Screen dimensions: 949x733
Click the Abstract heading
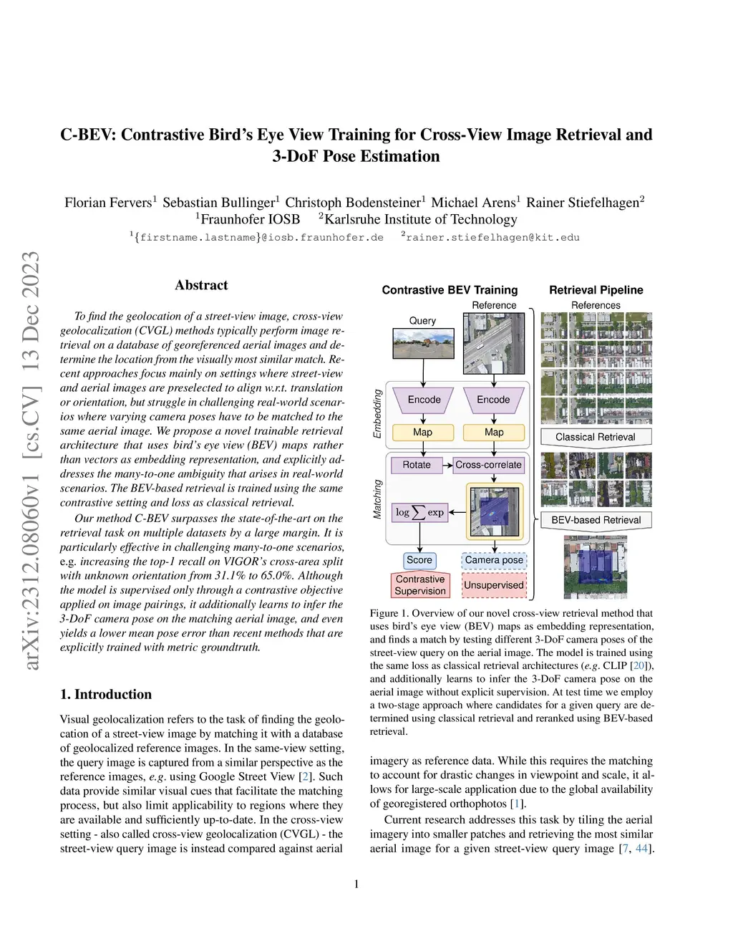pyautogui.click(x=201, y=285)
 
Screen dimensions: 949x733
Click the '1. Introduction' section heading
pyautogui.click(x=106, y=694)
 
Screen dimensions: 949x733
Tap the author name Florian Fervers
pyautogui.click(x=109, y=203)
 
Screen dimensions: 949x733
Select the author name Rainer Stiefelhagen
pyautogui.click(x=583, y=203)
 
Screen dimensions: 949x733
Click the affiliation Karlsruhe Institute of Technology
pyautogui.click(x=420, y=219)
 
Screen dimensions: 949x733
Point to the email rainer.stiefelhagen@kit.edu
pyautogui.click(x=492, y=237)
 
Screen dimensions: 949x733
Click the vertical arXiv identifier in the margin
pyautogui.click(x=31, y=461)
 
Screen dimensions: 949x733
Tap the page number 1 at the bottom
pyautogui.click(x=356, y=884)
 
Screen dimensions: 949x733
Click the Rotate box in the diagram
pyautogui.click(x=417, y=465)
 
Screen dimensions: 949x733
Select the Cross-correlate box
pyautogui.click(x=488, y=465)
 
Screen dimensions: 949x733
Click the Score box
pyautogui.click(x=419, y=560)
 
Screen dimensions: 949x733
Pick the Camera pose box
pyautogui.click(x=494, y=560)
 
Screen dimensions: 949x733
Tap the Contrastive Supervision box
pyautogui.click(x=420, y=585)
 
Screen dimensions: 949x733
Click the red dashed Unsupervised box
pyautogui.click(x=494, y=585)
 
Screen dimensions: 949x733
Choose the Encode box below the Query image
pyautogui.click(x=424, y=400)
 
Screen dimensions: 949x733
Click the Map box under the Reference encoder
pyautogui.click(x=494, y=433)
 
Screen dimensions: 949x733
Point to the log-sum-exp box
pyautogui.click(x=420, y=512)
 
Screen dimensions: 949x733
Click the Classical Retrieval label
pyautogui.click(x=596, y=437)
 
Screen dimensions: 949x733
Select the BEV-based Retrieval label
pyautogui.click(x=596, y=520)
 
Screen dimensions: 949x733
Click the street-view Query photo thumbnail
pyautogui.click(x=423, y=344)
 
